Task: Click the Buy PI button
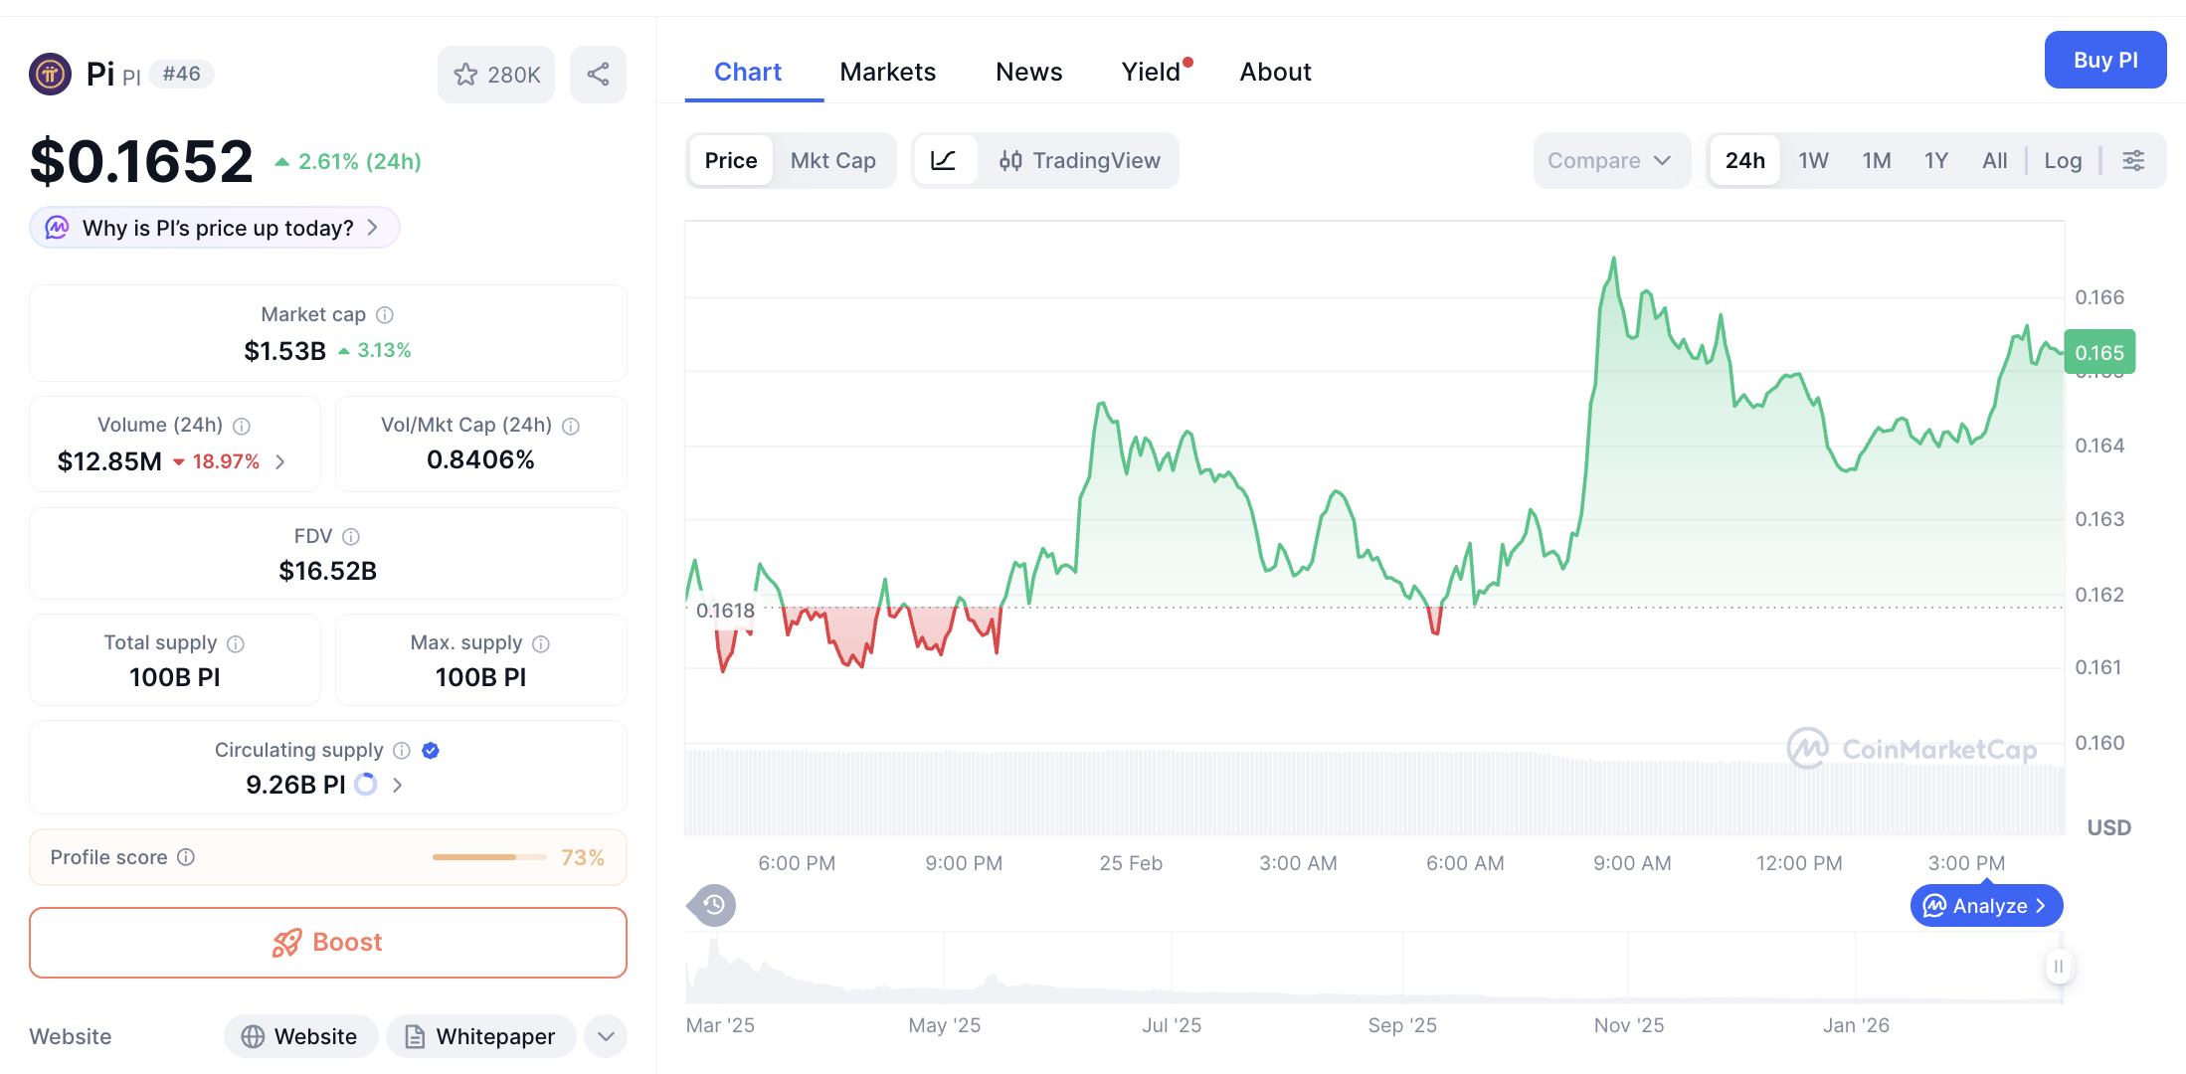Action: pyautogui.click(x=2104, y=60)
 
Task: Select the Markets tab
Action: pyautogui.click(x=887, y=72)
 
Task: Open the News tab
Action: pyautogui.click(x=1028, y=72)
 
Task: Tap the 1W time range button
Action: pyautogui.click(x=1813, y=160)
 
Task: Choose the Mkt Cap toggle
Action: pyautogui.click(x=832, y=160)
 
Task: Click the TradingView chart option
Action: pyautogui.click(x=1080, y=160)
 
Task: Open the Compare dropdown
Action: pyautogui.click(x=1609, y=160)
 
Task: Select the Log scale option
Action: pyautogui.click(x=2063, y=160)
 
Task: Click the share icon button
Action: pyautogui.click(x=598, y=74)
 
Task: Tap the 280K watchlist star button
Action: pyautogui.click(x=496, y=75)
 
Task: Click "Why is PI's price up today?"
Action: pyautogui.click(x=216, y=228)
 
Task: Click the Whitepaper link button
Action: pyautogui.click(x=480, y=1036)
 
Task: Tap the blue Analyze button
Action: pyautogui.click(x=1986, y=906)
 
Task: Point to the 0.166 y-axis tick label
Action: pyautogui.click(x=2099, y=297)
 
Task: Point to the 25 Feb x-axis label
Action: pyautogui.click(x=1131, y=863)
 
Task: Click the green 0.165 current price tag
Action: pyautogui.click(x=2099, y=353)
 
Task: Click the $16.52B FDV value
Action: pyautogui.click(x=327, y=571)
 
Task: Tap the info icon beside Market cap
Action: pyautogui.click(x=385, y=314)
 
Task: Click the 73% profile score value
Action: pyautogui.click(x=583, y=857)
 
